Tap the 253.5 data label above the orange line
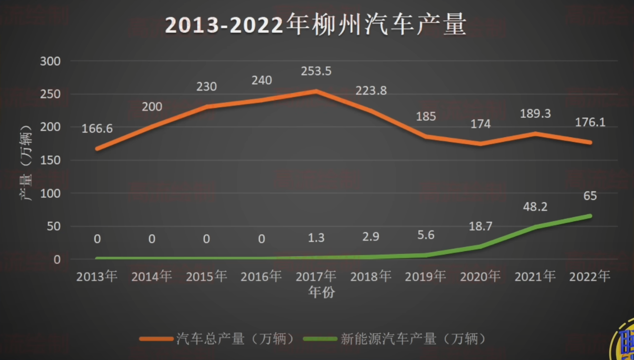pyautogui.click(x=316, y=71)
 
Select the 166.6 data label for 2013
pyautogui.click(x=97, y=129)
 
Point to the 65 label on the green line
pyautogui.click(x=590, y=196)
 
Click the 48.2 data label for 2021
pyautogui.click(x=535, y=207)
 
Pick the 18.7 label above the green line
pyautogui.click(x=480, y=227)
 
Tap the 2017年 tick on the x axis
pyautogui.click(x=316, y=276)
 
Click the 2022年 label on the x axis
pyautogui.click(x=590, y=276)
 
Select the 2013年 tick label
pyautogui.click(x=97, y=276)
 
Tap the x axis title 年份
pyautogui.click(x=321, y=292)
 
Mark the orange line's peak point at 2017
pyautogui.click(x=316, y=91)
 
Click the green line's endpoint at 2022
pyautogui.click(x=590, y=216)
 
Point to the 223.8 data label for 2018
pyautogui.click(x=371, y=91)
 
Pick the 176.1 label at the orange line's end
pyautogui.click(x=590, y=122)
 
